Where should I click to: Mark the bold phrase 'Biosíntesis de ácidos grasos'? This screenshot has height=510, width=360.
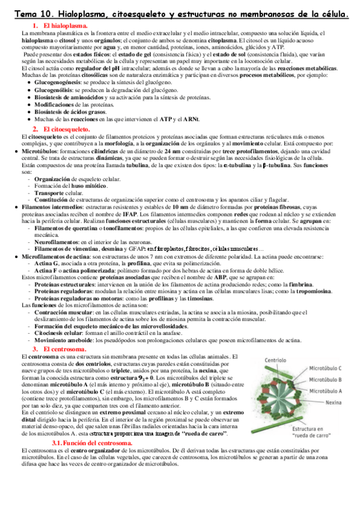pyautogui.click(x=75, y=112)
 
